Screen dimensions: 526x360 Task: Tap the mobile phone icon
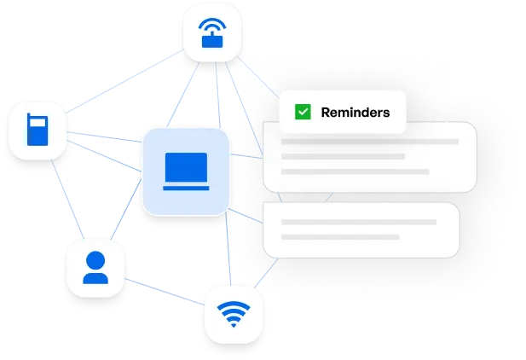37,131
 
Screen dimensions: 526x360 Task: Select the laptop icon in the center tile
186,170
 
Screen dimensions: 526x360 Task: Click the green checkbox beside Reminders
302,112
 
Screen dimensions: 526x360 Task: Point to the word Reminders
355,112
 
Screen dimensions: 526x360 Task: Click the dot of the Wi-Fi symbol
231,324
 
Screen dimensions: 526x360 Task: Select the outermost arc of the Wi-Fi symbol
231,303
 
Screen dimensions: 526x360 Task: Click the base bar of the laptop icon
186,184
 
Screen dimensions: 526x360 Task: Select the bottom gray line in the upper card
355,171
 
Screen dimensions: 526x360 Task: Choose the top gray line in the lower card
358,222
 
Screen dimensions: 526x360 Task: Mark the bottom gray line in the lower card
340,236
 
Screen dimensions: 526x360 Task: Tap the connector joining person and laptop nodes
127,213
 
